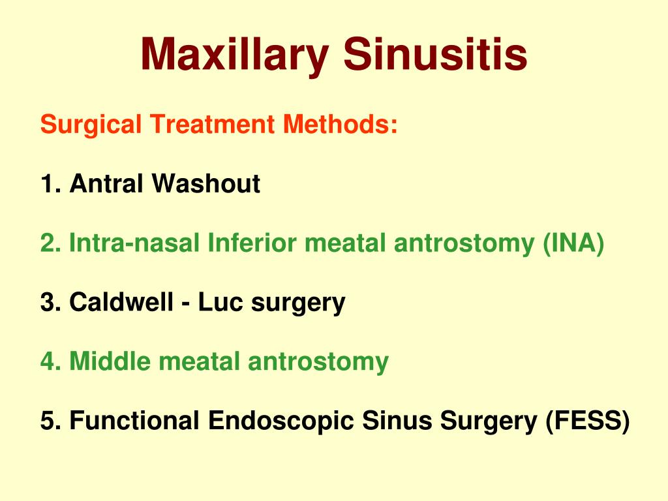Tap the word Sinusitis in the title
436,55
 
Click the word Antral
106,184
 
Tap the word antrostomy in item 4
309,361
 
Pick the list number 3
48,303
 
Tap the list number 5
48,421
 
